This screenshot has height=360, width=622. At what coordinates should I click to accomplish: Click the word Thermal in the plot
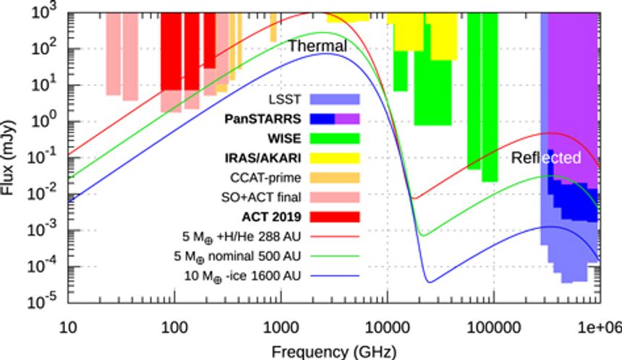318,46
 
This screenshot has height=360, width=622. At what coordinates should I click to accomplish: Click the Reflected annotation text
545,158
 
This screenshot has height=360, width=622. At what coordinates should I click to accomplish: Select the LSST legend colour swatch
335,98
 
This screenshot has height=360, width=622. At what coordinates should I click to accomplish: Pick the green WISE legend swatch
335,137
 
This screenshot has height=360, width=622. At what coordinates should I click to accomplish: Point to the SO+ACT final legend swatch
335,196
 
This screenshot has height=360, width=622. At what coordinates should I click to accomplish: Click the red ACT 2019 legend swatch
335,215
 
